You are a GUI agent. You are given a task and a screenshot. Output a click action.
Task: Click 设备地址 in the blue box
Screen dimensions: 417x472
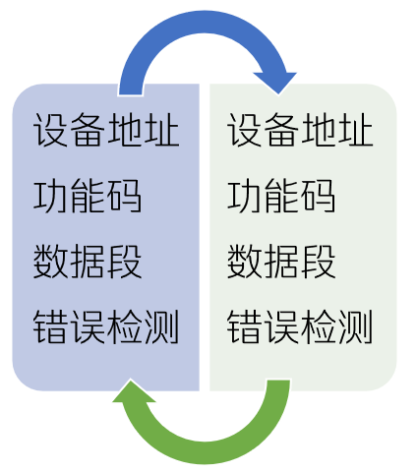106,130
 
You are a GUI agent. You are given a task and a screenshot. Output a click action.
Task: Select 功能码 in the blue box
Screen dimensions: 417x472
88,196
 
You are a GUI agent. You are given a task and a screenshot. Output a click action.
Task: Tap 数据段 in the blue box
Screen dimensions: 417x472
88,262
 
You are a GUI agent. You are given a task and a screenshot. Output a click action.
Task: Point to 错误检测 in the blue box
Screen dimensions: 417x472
106,326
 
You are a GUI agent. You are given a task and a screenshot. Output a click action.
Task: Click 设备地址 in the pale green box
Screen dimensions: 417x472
300,130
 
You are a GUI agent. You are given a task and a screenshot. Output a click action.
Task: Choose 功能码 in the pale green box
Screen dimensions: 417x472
281,196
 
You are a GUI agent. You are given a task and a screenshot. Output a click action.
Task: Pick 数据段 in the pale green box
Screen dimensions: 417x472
281,262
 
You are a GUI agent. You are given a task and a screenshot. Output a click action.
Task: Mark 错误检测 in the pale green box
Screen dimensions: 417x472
300,326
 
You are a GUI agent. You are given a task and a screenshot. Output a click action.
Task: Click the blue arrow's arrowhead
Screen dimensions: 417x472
276,82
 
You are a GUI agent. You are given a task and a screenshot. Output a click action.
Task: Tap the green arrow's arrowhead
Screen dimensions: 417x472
133,391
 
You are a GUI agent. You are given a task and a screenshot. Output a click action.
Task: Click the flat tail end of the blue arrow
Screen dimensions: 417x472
131,93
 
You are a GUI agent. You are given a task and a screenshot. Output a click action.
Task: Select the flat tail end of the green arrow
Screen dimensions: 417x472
278,382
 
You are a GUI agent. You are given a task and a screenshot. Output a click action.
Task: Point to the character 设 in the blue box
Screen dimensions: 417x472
51,130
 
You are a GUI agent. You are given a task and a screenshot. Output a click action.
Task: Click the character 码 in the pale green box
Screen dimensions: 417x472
318,196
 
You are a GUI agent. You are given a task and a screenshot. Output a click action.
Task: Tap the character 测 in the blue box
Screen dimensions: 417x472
162,326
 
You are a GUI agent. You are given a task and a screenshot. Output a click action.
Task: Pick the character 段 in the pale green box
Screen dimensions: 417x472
318,262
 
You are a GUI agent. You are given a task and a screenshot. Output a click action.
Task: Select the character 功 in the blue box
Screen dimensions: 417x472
51,196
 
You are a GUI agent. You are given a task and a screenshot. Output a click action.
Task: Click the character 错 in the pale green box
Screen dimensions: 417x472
245,326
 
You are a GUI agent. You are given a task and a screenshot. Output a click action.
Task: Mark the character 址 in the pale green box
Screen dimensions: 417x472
356,130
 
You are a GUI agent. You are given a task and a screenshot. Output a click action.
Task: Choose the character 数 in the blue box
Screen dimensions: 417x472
51,262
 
